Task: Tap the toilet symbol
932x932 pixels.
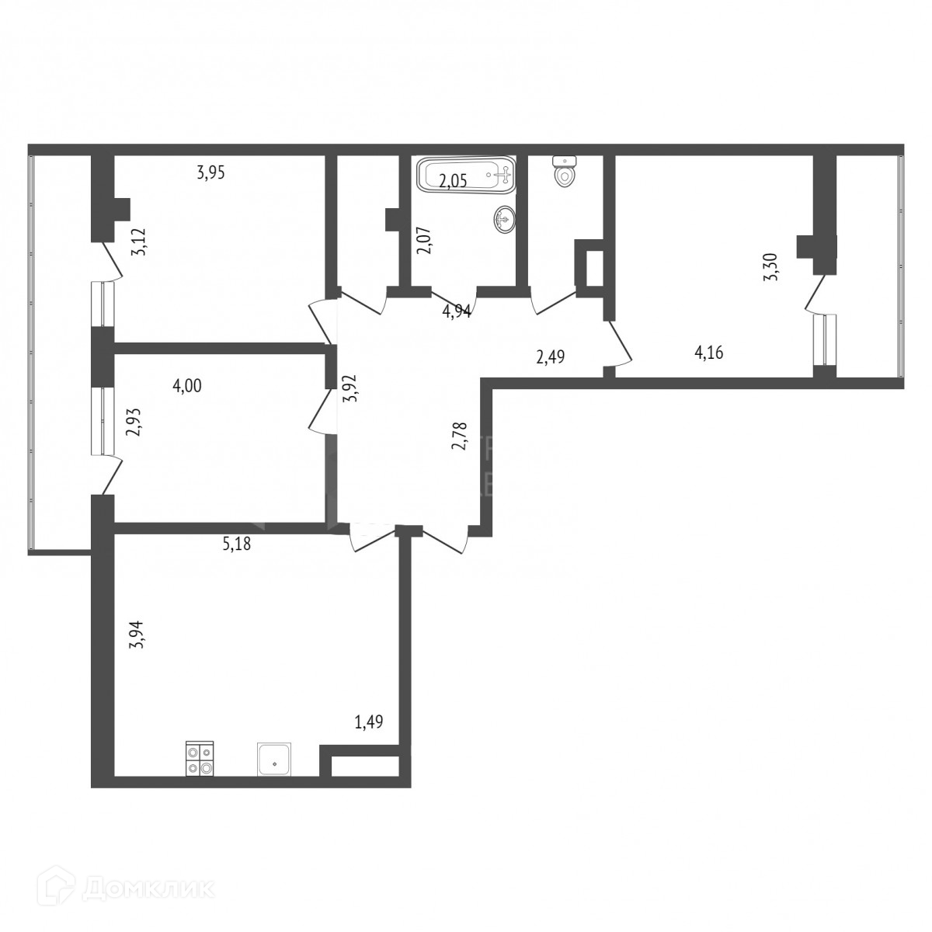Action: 564,172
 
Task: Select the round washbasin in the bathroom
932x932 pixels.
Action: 504,221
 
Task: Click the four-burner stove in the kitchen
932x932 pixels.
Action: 200,760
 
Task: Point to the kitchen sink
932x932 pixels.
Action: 275,759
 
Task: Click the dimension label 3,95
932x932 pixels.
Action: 210,173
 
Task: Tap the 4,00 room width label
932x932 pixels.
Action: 187,386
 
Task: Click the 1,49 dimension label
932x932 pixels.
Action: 369,723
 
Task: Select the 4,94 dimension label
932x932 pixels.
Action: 457,311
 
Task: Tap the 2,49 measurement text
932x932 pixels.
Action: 550,357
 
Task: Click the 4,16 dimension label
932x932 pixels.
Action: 709,354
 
